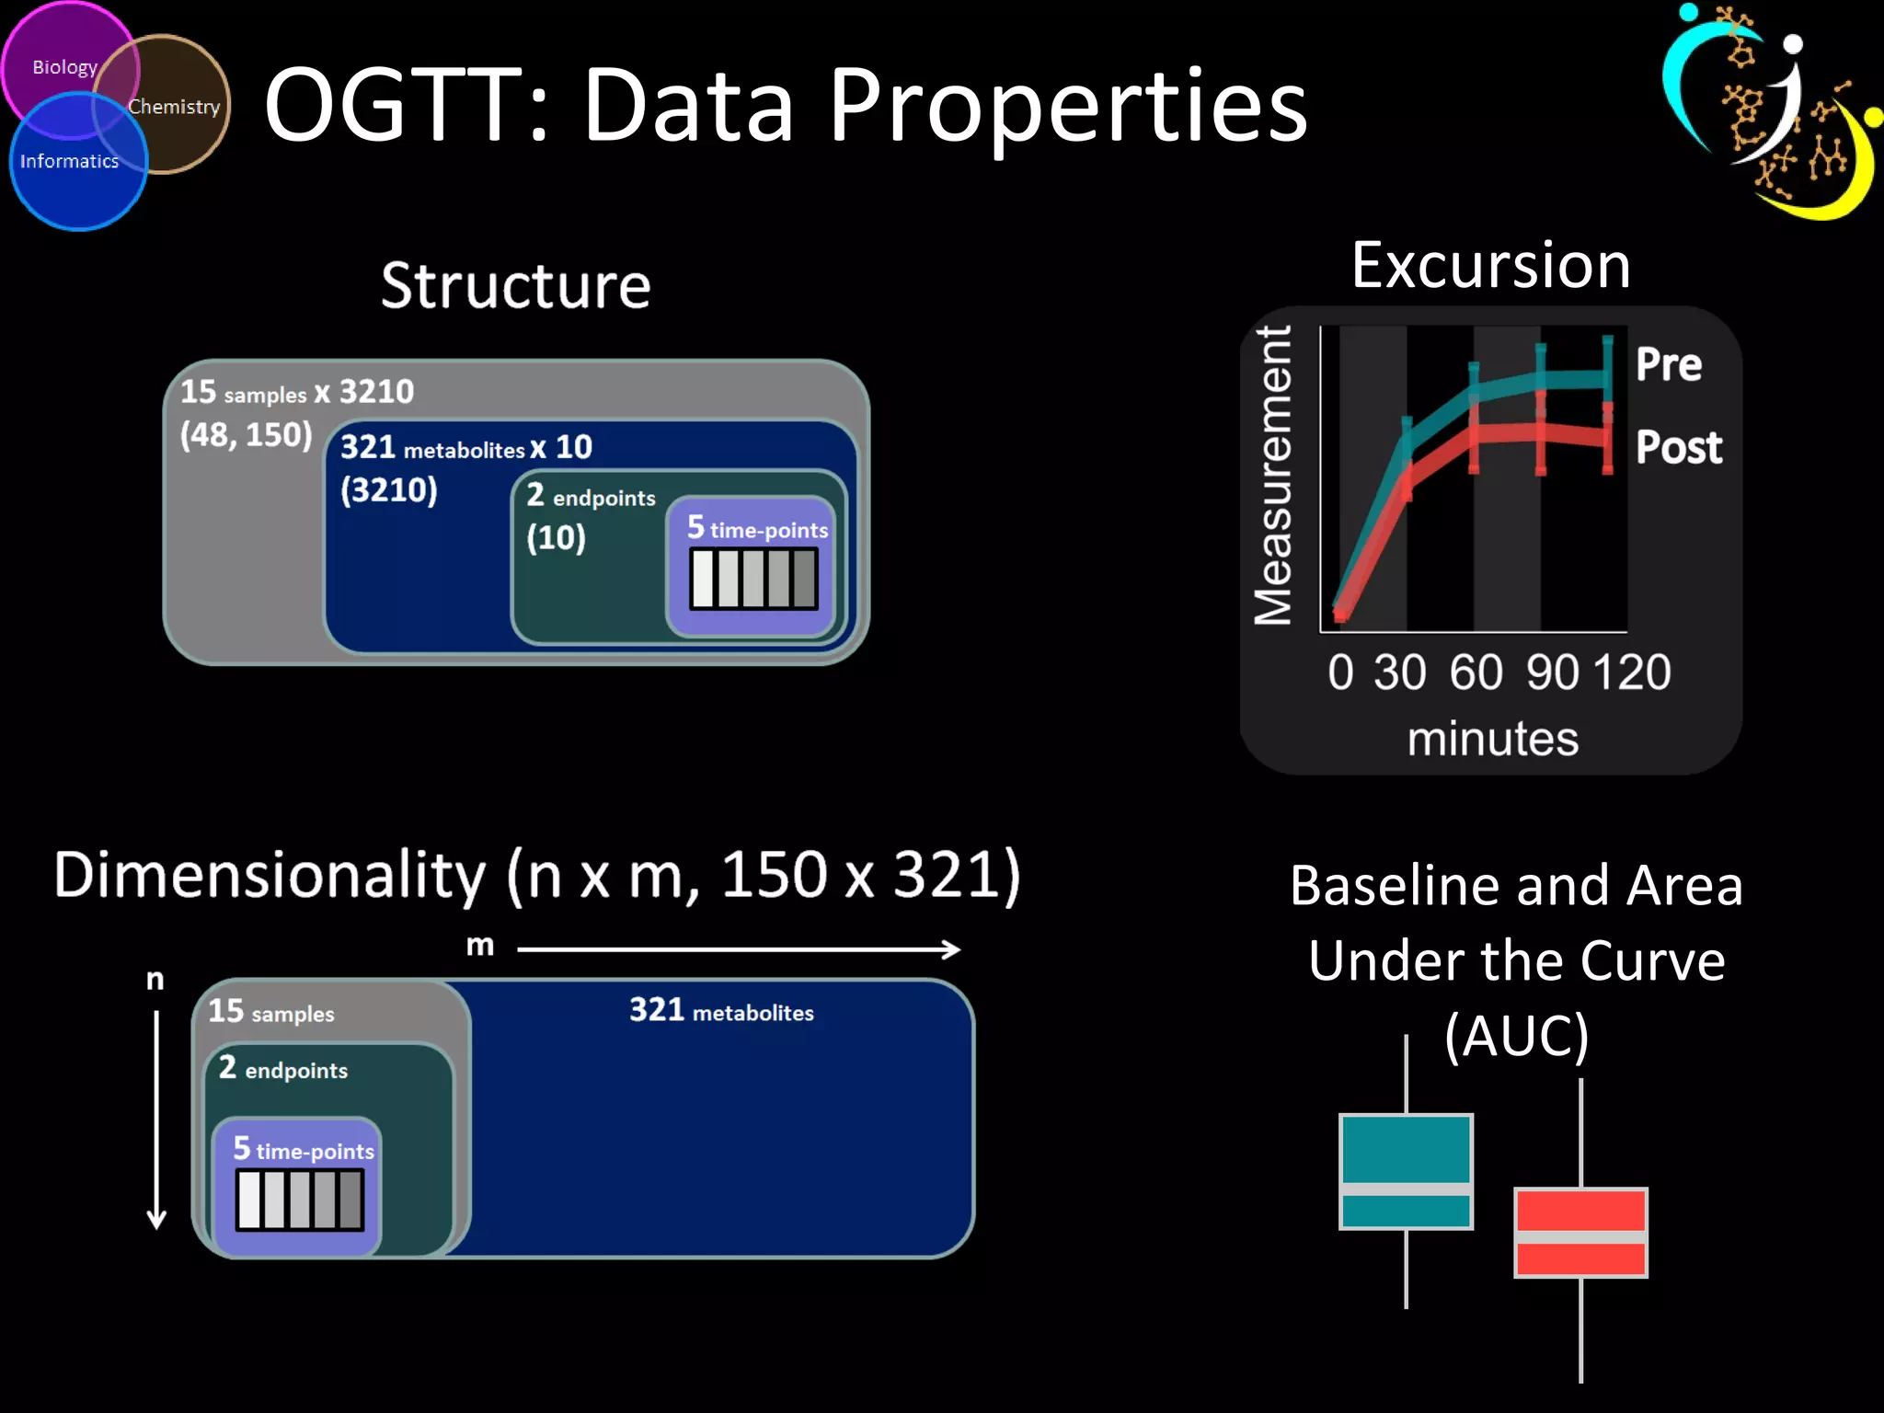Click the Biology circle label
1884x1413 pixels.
pyautogui.click(x=64, y=67)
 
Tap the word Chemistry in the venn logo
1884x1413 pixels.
pyautogui.click(x=174, y=107)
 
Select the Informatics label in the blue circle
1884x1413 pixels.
pyautogui.click(x=69, y=161)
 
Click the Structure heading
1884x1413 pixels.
pyautogui.click(x=515, y=285)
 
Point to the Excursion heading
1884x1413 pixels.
pyautogui.click(x=1490, y=265)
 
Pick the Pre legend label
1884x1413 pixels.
pyautogui.click(x=1668, y=364)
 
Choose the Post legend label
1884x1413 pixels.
pyautogui.click(x=1678, y=447)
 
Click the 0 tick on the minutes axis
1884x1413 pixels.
pyautogui.click(x=1340, y=672)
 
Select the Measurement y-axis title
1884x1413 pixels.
pyautogui.click(x=1273, y=475)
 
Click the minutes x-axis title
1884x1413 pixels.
pyautogui.click(x=1492, y=739)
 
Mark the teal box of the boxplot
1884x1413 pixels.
pyautogui.click(x=1406, y=1171)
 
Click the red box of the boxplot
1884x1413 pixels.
pyautogui.click(x=1580, y=1232)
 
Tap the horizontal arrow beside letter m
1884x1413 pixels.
pyautogui.click(x=739, y=948)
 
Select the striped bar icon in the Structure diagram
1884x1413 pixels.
pyautogui.click(x=753, y=579)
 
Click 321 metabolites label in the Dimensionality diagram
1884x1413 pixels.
pyautogui.click(x=721, y=1011)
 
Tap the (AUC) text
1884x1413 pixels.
pyautogui.click(x=1516, y=1036)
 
